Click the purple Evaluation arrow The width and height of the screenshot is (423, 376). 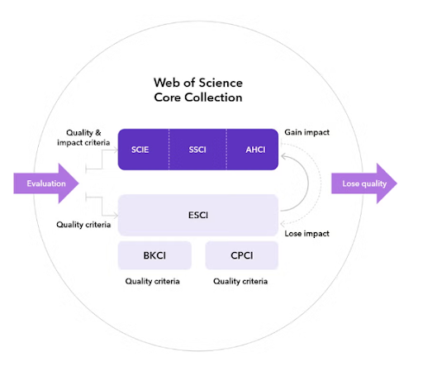(x=46, y=183)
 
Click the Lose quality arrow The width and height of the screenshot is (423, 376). (x=364, y=183)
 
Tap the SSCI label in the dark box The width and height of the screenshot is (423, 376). (x=197, y=150)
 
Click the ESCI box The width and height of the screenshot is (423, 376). (x=198, y=215)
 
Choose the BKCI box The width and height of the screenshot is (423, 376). (x=154, y=255)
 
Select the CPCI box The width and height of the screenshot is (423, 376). (x=242, y=255)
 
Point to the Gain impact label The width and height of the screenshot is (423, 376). (x=307, y=132)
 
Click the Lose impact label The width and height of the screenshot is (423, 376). (x=307, y=234)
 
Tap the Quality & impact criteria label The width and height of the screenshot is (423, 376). (x=83, y=138)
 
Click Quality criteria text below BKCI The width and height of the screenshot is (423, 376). (x=152, y=281)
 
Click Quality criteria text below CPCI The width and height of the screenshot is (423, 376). (x=240, y=281)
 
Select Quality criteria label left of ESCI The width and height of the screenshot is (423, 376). (x=83, y=225)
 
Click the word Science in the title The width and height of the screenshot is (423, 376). (x=221, y=83)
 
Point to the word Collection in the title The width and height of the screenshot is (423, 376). (x=213, y=98)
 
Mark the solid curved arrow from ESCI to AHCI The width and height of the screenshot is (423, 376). (x=308, y=183)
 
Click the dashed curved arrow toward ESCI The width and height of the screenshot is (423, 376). (x=321, y=183)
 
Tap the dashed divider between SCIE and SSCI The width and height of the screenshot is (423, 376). (x=169, y=150)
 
